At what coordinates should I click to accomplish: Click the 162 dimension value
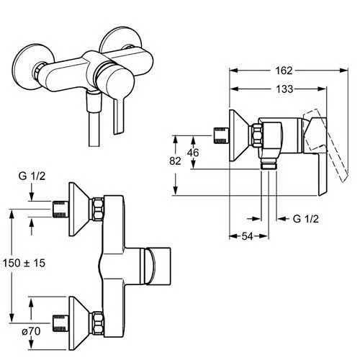284,71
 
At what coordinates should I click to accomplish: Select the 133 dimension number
284,89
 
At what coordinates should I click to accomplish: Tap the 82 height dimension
175,161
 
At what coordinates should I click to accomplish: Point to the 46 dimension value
193,153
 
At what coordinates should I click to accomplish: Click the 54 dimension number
247,237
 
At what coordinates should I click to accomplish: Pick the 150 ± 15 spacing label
24,263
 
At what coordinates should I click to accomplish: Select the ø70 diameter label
31,331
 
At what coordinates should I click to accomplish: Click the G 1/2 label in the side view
306,219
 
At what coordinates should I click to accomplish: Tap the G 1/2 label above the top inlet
32,176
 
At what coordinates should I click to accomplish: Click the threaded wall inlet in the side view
221,135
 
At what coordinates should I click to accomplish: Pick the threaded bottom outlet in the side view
269,165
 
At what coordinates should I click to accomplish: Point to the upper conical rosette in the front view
79,209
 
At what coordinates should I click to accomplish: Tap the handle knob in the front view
158,266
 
